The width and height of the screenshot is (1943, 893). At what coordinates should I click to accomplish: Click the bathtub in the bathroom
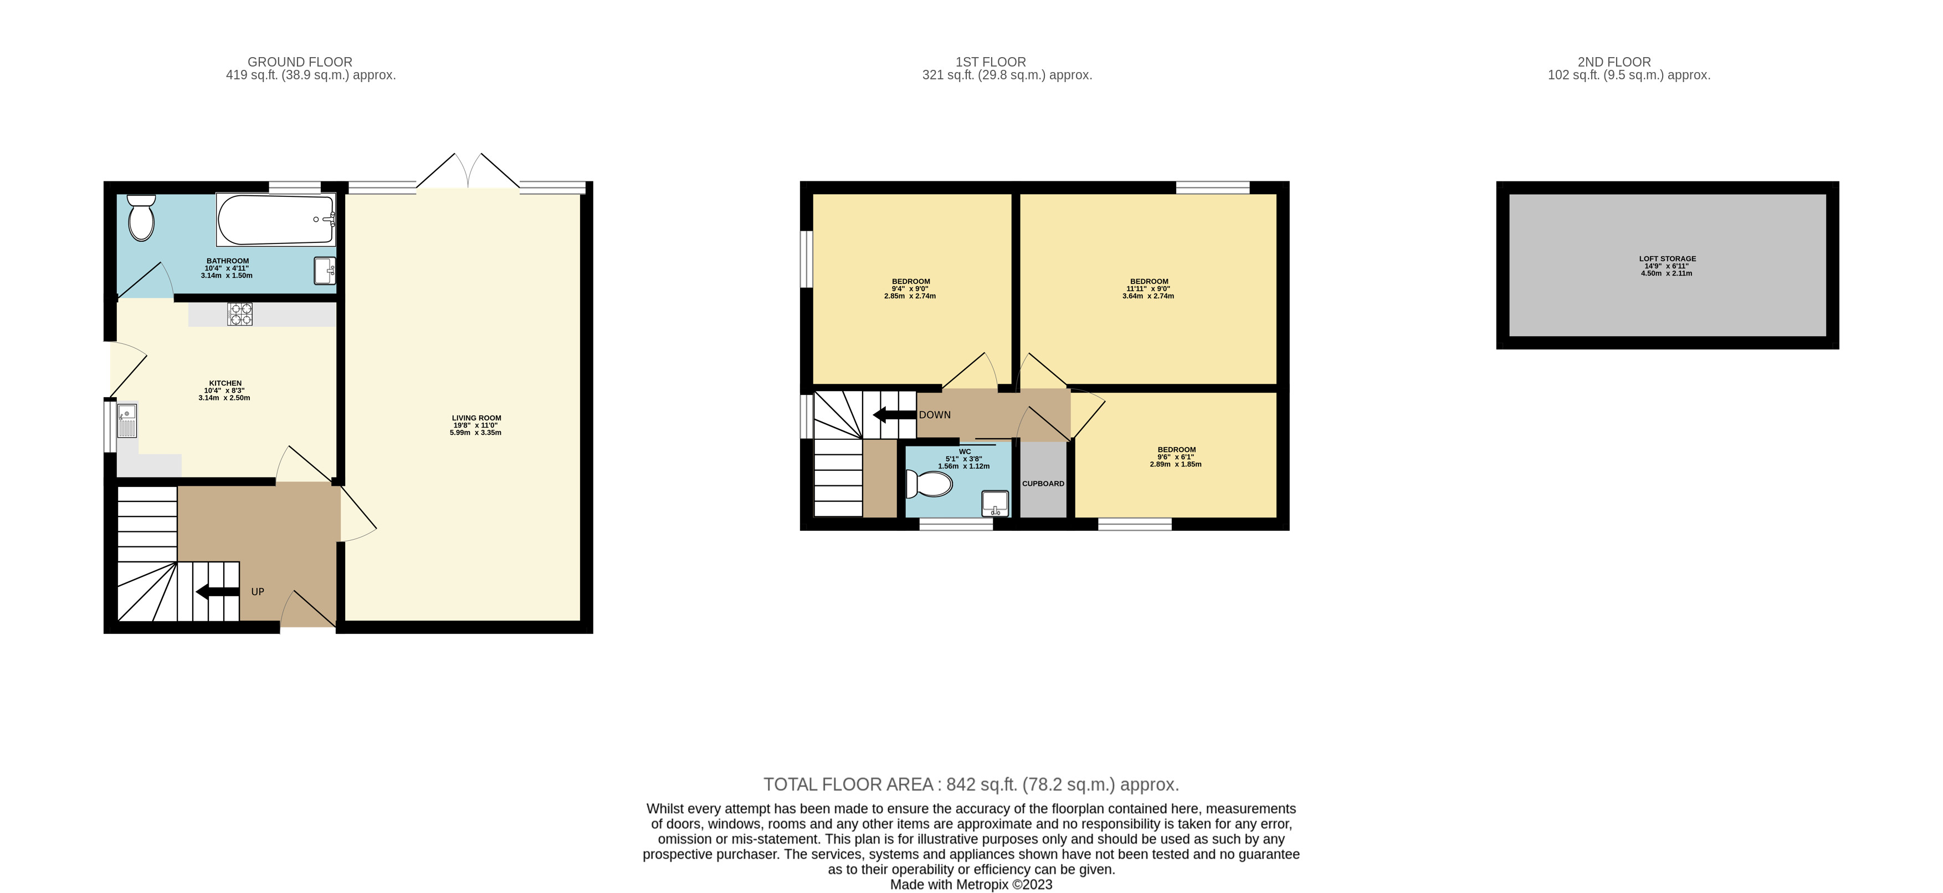(x=276, y=220)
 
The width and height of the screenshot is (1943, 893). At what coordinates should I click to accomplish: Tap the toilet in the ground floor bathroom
(x=141, y=217)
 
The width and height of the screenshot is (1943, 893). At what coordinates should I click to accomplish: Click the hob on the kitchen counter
(x=240, y=314)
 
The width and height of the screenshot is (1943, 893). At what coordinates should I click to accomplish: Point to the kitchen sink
(x=127, y=420)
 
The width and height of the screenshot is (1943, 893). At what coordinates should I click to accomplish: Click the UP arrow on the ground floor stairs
(x=218, y=592)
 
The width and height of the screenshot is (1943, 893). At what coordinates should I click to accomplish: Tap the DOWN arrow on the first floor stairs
(x=895, y=414)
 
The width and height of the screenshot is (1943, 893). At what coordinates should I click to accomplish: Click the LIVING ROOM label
(x=476, y=418)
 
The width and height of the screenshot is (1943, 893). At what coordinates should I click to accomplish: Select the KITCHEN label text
(x=225, y=383)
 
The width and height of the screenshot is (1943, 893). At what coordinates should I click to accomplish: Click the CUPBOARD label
(x=1043, y=484)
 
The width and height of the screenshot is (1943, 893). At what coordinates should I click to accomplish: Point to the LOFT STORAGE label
(x=1668, y=259)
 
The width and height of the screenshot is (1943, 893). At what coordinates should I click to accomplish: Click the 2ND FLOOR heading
(x=1614, y=62)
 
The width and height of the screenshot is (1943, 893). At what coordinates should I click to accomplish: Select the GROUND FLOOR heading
(x=300, y=62)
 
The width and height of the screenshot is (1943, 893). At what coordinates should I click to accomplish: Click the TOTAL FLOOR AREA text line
(x=971, y=784)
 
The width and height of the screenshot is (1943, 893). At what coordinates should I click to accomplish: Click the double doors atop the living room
(x=468, y=171)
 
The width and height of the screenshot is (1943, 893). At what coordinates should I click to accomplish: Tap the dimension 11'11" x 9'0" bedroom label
(x=1148, y=289)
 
